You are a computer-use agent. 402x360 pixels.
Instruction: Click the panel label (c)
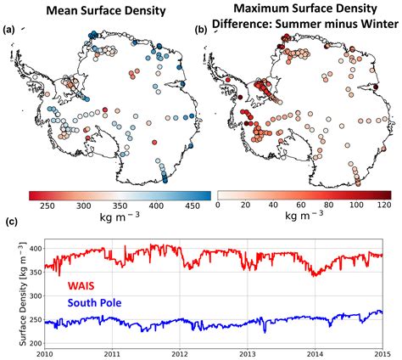9,223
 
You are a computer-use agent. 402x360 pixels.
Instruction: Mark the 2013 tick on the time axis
246,352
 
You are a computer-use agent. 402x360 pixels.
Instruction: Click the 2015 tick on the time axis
382,352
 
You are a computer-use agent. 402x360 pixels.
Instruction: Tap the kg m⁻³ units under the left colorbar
114,217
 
